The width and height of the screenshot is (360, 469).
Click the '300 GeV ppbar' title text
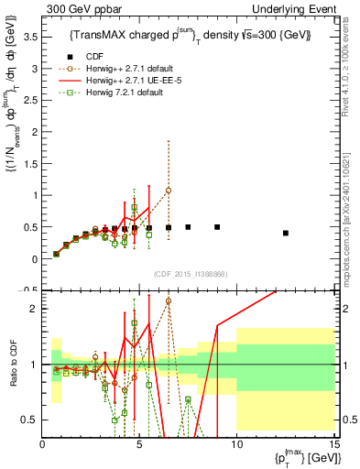77,8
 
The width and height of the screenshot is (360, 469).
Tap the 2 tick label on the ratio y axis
34,309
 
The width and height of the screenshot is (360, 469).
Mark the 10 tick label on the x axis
236,445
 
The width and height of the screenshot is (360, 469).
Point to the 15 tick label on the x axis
333,445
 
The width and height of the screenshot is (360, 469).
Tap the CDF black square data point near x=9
217,227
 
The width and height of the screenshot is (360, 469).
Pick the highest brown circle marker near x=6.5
169,191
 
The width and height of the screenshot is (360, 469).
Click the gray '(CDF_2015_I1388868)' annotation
189,274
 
